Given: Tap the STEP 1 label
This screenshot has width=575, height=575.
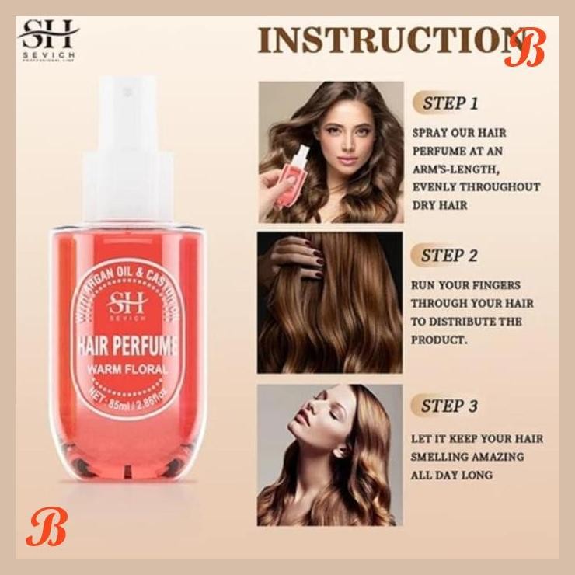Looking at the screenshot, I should (450, 103).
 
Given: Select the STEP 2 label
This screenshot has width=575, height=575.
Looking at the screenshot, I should (449, 255).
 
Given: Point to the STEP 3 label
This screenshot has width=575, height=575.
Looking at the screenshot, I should (449, 406).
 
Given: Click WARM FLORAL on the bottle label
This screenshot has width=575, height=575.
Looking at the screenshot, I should (129, 369).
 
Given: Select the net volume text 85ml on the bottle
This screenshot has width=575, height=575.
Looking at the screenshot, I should (112, 402).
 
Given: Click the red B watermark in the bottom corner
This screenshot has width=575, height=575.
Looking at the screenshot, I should (38, 529).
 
